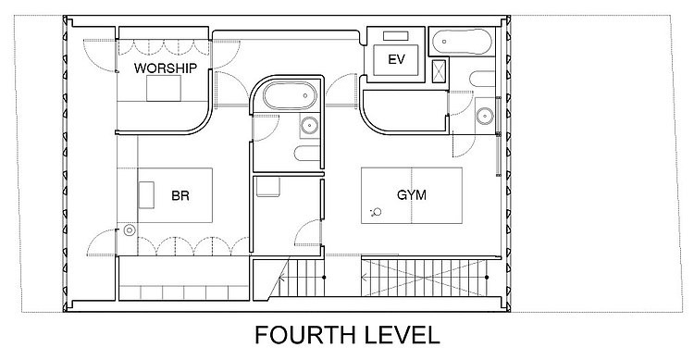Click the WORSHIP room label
click(166, 68)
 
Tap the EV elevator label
click(396, 59)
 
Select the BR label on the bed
click(180, 195)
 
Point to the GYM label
click(412, 195)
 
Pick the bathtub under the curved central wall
click(291, 95)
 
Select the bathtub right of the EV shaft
click(461, 42)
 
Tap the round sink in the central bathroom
click(309, 125)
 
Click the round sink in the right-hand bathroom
click(485, 116)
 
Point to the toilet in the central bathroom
click(307, 154)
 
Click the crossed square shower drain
click(439, 71)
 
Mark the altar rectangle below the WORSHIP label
click(164, 88)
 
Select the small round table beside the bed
click(130, 230)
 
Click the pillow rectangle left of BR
click(146, 195)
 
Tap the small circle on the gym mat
click(378, 212)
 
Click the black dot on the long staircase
click(487, 278)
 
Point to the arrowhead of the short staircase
click(281, 278)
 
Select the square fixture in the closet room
click(267, 187)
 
